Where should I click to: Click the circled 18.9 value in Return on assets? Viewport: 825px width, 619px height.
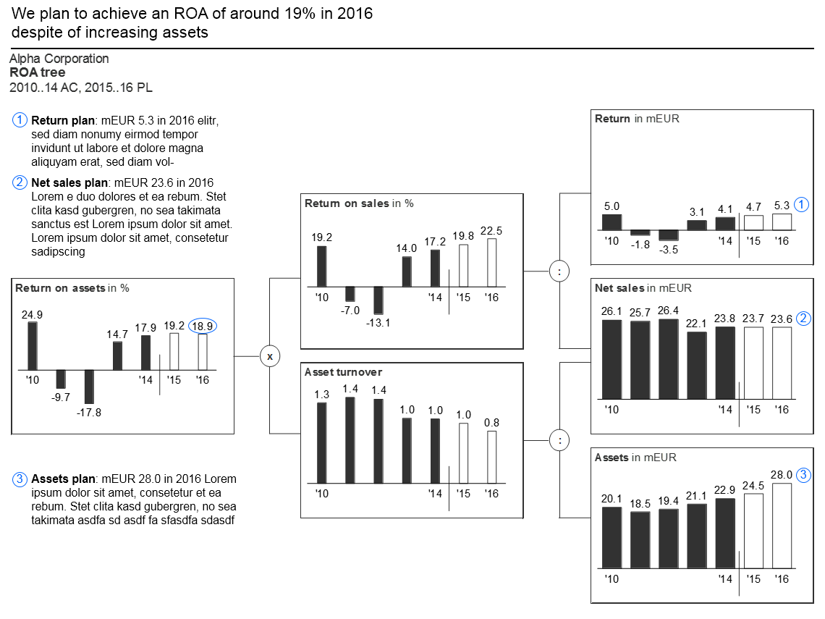(203, 327)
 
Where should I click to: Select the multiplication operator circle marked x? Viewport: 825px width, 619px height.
(270, 356)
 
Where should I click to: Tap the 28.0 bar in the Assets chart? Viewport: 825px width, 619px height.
(782, 526)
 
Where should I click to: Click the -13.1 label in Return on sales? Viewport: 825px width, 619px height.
(378, 323)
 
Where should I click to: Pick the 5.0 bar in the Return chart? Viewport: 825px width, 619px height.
(612, 222)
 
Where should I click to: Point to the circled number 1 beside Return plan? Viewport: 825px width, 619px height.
(20, 120)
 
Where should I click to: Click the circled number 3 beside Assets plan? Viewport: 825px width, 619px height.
(20, 479)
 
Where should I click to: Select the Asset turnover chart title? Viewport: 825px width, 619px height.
(343, 372)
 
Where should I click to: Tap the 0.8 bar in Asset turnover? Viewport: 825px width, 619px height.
(491, 458)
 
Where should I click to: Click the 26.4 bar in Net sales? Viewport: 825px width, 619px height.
(668, 359)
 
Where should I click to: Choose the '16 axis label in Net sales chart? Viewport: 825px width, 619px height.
(782, 410)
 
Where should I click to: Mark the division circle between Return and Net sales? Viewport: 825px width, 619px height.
(559, 271)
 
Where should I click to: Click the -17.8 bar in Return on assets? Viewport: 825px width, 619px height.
(89, 387)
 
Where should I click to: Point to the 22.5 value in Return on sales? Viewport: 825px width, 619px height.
(491, 230)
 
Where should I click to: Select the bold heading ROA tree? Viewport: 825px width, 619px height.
(38, 72)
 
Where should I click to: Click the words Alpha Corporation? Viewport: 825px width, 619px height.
(59, 59)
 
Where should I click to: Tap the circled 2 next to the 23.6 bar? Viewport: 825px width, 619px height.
(803, 319)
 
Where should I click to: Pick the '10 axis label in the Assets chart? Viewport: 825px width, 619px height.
(612, 579)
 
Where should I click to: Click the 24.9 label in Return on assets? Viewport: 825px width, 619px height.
(32, 315)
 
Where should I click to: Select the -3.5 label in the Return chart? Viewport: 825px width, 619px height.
(668, 250)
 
